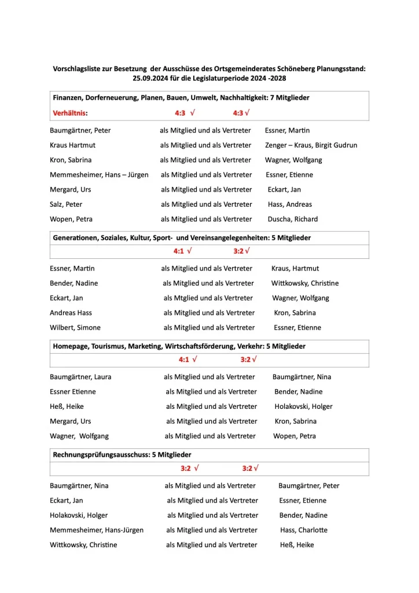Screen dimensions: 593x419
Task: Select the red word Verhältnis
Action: (x=69, y=113)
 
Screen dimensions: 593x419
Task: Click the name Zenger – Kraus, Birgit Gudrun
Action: (x=311, y=145)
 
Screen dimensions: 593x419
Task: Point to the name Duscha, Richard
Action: (x=292, y=219)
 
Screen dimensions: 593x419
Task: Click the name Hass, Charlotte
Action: (x=303, y=530)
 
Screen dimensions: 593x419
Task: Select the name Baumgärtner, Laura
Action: (x=80, y=377)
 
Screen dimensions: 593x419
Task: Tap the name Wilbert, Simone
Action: (x=75, y=328)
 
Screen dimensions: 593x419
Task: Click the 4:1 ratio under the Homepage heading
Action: (x=184, y=360)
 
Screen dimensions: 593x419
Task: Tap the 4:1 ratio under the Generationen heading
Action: (x=179, y=251)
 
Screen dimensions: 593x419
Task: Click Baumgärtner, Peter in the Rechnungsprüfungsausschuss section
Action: (x=309, y=486)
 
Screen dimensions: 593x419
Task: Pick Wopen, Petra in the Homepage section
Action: (x=295, y=436)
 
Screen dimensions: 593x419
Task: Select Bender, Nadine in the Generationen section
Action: (x=73, y=283)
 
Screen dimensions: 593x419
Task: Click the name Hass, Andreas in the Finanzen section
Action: (x=289, y=204)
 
